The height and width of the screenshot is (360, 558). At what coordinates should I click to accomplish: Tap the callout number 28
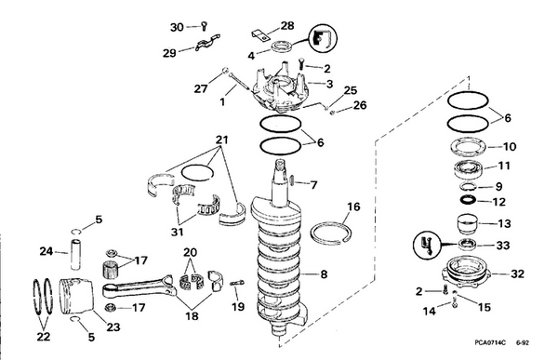(x=261, y=25)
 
